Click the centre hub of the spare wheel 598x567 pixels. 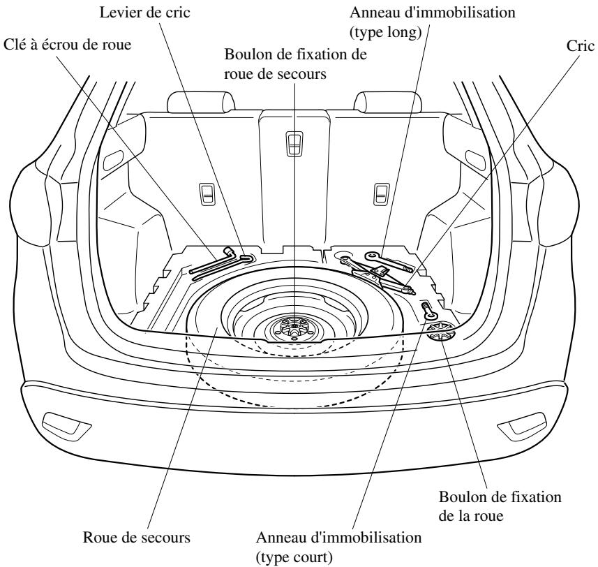click(x=294, y=325)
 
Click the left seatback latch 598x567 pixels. click(x=207, y=194)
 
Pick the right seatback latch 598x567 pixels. click(x=382, y=194)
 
